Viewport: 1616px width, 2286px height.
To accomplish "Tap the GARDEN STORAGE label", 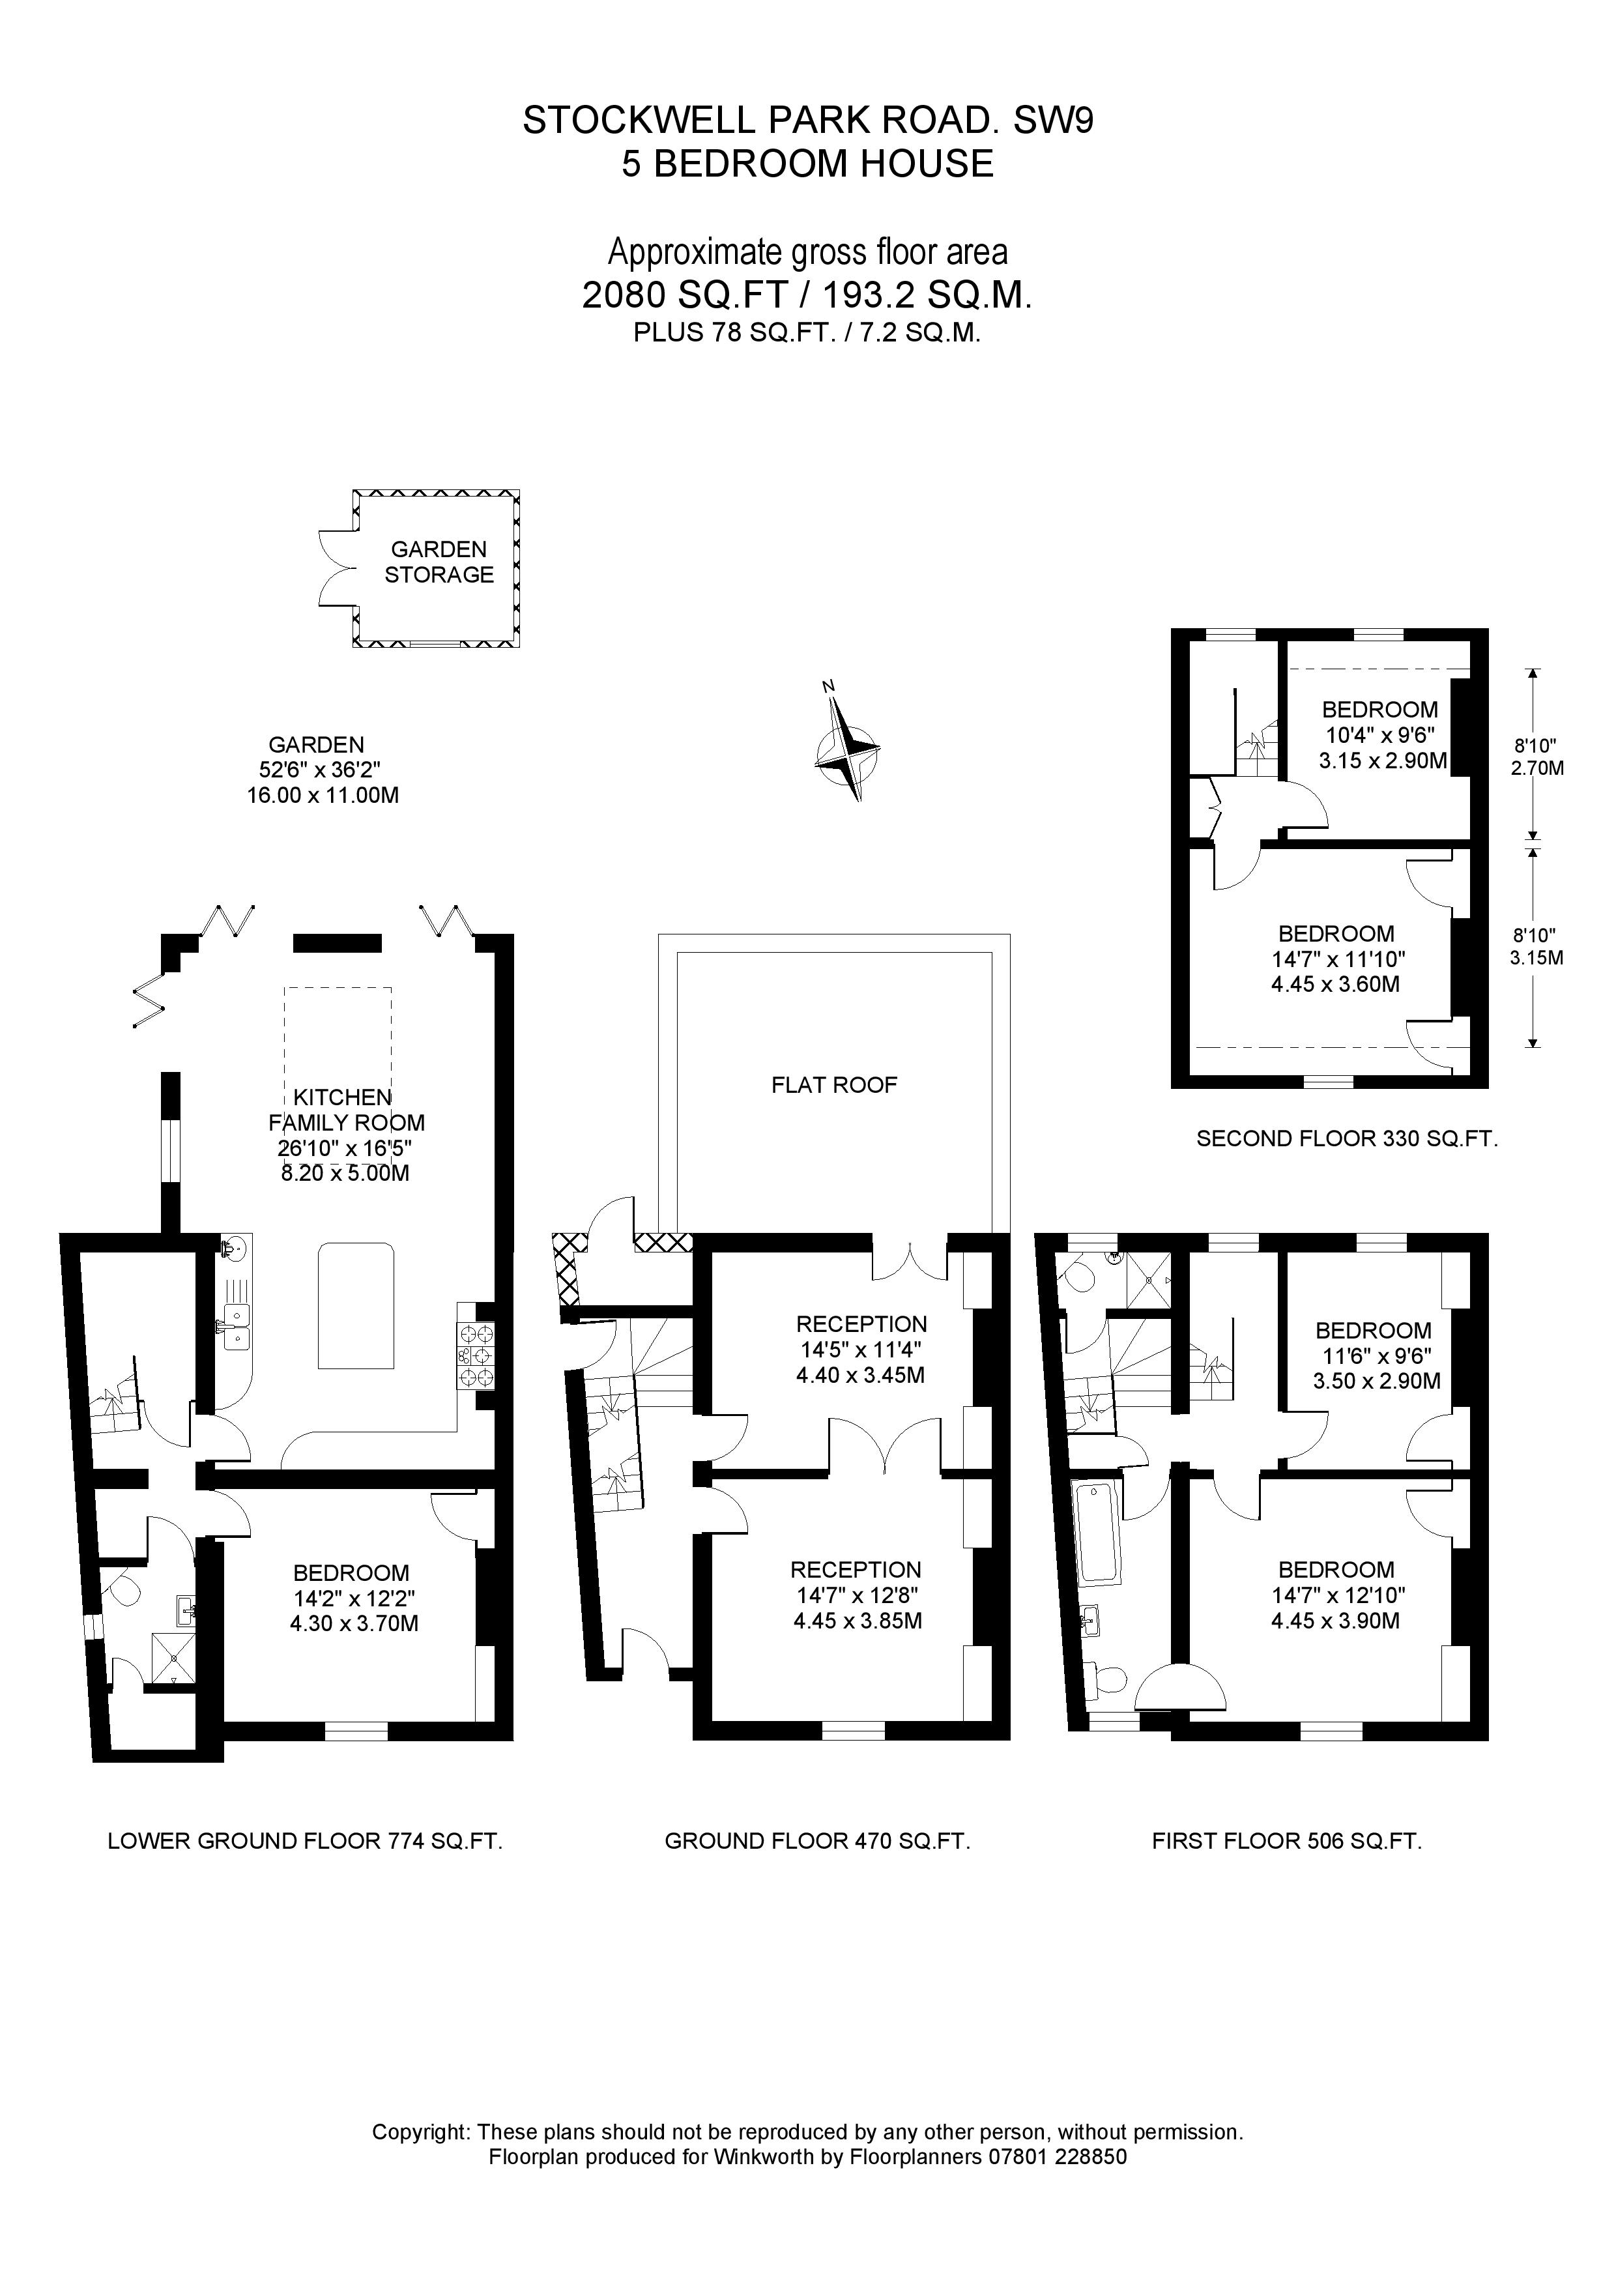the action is click(439, 562).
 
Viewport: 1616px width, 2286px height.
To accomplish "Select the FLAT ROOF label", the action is click(834, 1084).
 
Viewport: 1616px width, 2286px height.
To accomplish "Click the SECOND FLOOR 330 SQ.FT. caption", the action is click(1347, 1139).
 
